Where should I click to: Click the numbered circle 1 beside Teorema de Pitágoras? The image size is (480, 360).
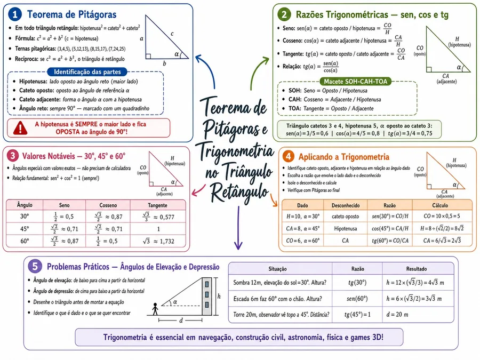15,14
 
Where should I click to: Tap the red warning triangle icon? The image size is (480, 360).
20,128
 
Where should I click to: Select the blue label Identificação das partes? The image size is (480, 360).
87,72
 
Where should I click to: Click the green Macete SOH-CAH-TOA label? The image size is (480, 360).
355,82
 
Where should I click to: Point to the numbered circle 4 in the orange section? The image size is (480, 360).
288,156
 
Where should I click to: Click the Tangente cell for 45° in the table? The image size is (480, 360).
158,229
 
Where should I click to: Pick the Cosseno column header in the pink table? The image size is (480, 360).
108,205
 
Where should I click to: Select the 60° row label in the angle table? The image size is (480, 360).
25,241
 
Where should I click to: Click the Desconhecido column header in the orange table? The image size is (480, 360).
346,205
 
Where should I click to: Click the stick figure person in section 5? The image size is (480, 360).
155,309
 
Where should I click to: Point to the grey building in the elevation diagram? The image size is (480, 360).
206,297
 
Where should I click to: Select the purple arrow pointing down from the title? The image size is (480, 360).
238,228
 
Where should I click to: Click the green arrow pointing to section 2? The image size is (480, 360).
257,70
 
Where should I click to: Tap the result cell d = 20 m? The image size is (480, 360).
397,314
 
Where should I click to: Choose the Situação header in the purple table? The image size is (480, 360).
278,269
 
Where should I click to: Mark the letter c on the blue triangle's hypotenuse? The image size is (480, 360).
172,34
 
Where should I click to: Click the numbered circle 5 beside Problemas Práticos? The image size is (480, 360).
35,266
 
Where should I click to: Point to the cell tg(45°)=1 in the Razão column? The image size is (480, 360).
357,314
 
